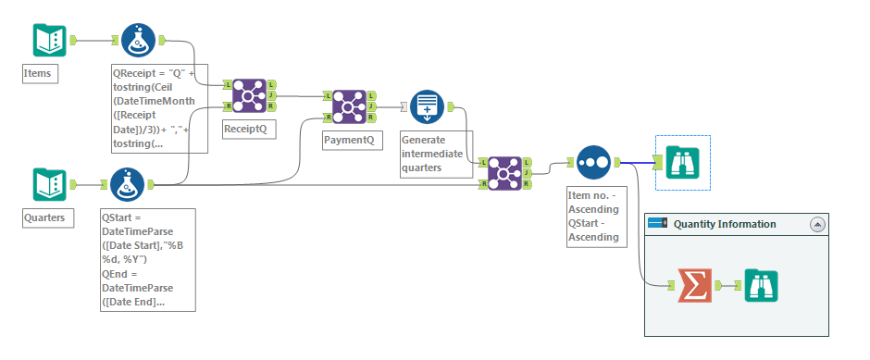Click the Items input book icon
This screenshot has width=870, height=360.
tap(50, 40)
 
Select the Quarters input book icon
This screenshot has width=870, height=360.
tap(50, 184)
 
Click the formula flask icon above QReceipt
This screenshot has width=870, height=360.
tap(138, 40)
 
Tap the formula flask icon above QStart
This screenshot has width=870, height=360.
tap(128, 184)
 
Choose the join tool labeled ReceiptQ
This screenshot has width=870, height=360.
tap(248, 95)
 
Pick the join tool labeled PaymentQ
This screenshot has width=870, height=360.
tap(349, 106)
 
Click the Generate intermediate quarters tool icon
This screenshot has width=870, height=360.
tap(427, 106)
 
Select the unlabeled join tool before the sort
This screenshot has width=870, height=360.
tap(504, 173)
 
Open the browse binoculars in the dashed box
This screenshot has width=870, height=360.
tap(682, 163)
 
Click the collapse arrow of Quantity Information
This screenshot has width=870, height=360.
tap(817, 224)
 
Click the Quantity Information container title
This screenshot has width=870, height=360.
tap(724, 224)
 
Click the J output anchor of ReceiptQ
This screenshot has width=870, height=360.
tap(270, 95)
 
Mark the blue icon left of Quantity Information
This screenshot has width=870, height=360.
tap(657, 224)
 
